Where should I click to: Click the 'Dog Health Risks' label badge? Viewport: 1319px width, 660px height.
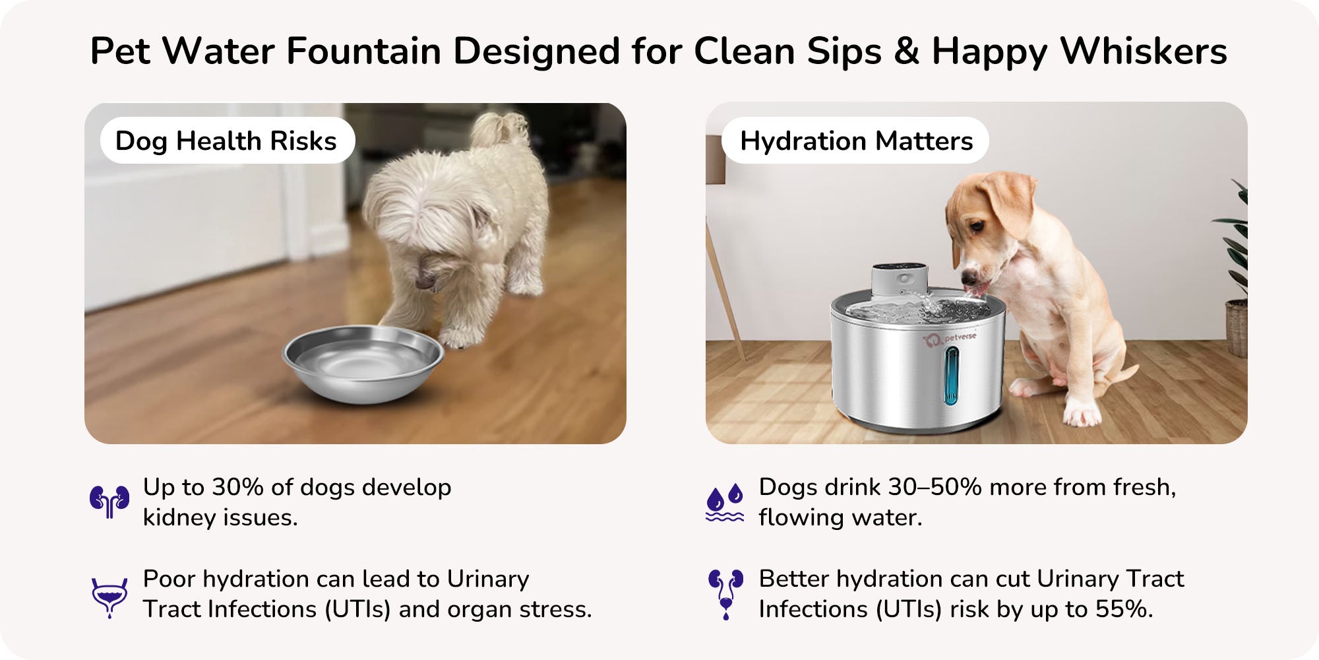click(x=228, y=141)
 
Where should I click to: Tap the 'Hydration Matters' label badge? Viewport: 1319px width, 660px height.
click(x=855, y=141)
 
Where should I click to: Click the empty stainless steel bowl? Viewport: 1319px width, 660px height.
click(x=363, y=363)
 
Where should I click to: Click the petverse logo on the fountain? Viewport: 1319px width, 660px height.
click(x=950, y=339)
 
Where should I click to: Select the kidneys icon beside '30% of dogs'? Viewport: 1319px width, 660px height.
click(x=109, y=502)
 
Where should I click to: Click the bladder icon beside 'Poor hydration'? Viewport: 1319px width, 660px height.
click(x=109, y=598)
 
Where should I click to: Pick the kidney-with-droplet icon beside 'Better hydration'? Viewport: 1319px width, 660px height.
click(x=725, y=594)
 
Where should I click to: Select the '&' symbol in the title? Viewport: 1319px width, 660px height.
click(x=906, y=51)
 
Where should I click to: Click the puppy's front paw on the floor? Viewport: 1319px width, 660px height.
click(x=1082, y=414)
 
